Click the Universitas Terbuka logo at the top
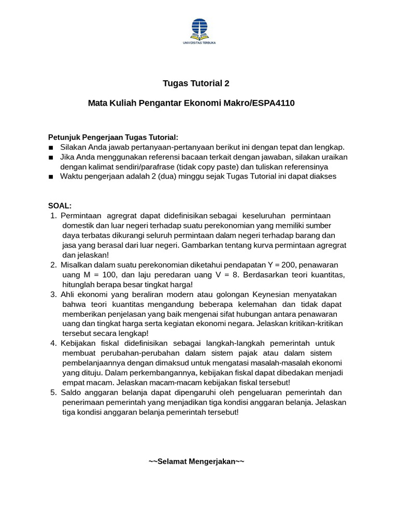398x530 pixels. [x=199, y=31]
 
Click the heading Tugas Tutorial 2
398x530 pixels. [x=196, y=83]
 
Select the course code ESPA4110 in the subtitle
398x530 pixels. [x=273, y=103]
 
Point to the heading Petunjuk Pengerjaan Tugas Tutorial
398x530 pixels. [x=113, y=137]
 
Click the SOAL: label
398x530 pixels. [x=60, y=205]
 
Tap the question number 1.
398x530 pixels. [x=53, y=215]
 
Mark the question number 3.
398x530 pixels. [x=53, y=294]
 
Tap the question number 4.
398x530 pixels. [x=53, y=343]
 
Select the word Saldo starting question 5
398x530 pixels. [x=72, y=392]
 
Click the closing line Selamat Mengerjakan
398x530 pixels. [x=196, y=461]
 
